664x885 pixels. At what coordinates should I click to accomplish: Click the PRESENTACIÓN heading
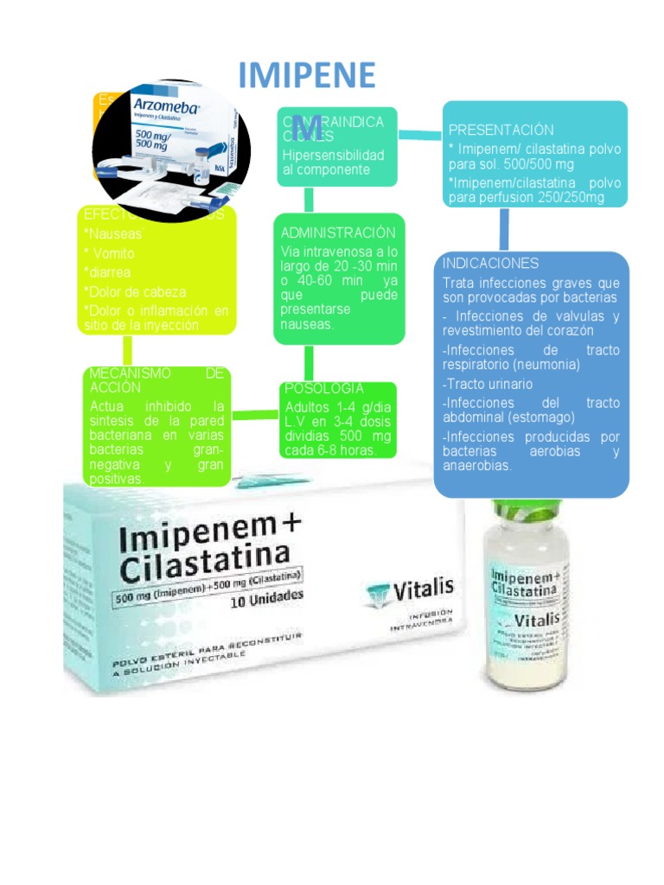[501, 130]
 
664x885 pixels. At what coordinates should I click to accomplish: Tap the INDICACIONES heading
[490, 263]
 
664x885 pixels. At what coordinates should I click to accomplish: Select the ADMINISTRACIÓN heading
[338, 232]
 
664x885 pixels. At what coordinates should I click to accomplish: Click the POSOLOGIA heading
[323, 389]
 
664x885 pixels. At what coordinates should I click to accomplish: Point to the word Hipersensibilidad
[333, 155]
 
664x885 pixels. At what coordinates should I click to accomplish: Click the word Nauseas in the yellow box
[113, 233]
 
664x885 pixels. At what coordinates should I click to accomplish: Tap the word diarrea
[107, 272]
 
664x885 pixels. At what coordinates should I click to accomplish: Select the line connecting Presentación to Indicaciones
[504, 229]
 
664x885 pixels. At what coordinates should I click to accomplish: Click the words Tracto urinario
[488, 384]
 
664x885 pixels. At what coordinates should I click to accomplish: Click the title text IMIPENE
[307, 76]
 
